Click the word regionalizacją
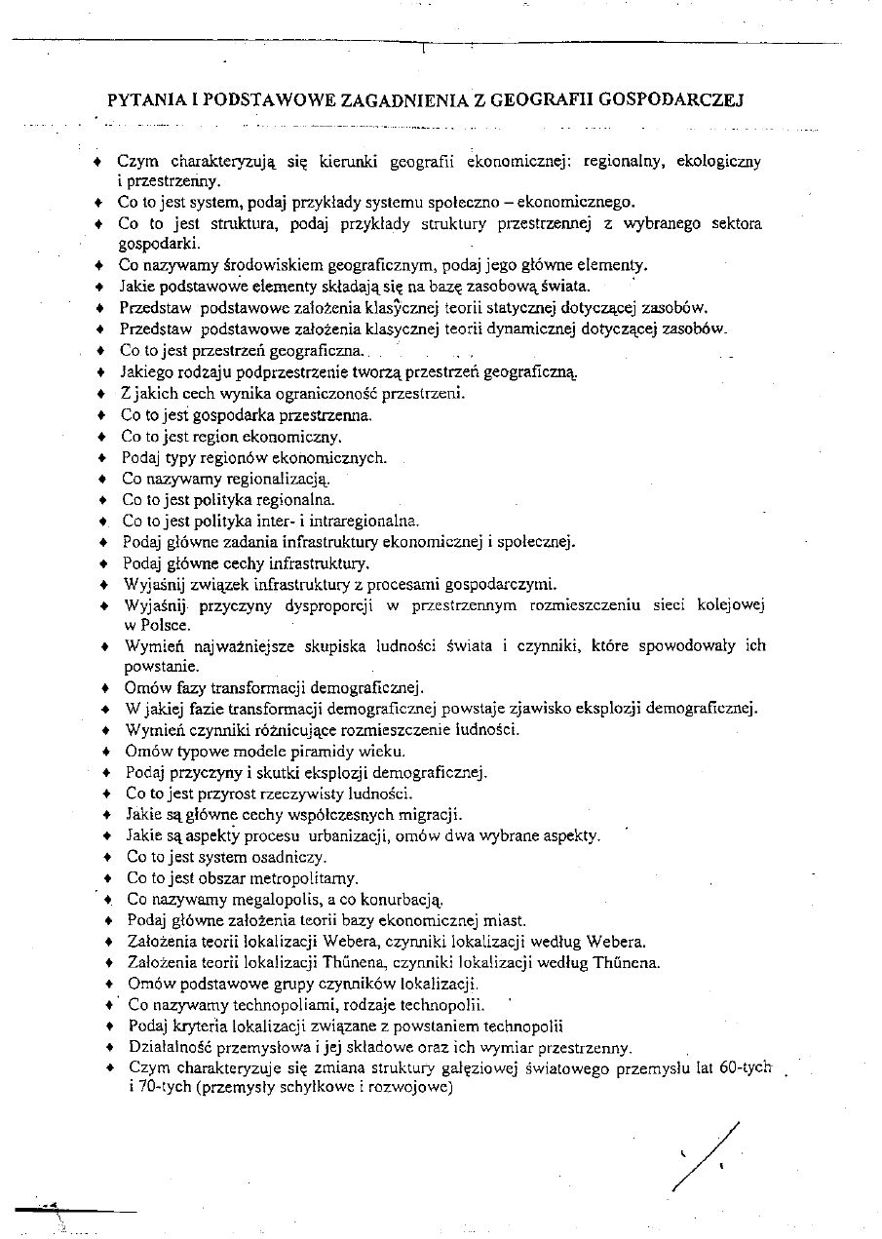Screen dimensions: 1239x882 pos(264,479)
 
